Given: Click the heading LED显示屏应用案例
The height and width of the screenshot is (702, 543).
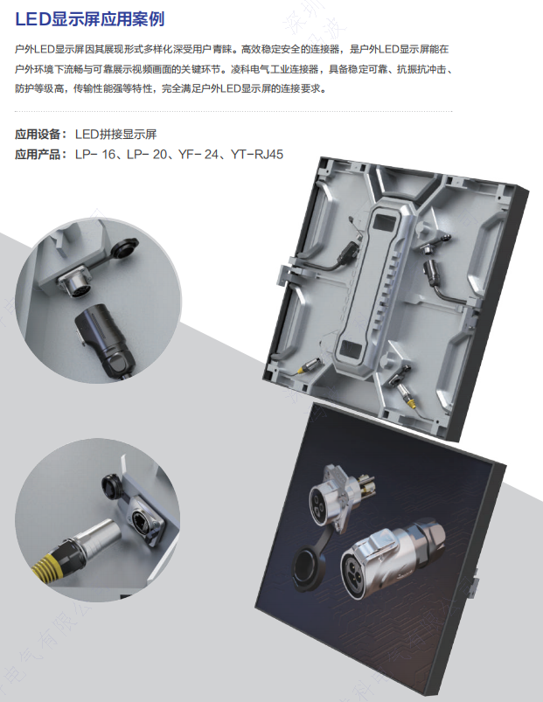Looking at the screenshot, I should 89,17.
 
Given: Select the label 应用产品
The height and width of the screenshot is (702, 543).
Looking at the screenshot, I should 40,155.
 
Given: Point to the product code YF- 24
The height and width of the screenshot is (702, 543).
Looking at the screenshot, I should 198,155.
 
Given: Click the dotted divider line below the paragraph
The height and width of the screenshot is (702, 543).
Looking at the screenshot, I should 234,112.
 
